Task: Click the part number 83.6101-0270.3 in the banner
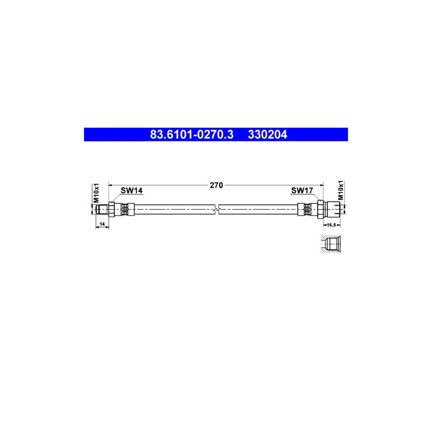click(192, 135)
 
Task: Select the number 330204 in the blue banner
click(267, 135)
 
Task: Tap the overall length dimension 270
click(216, 185)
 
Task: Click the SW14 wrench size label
click(132, 191)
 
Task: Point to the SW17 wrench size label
click(302, 191)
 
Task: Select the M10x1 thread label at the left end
click(96, 192)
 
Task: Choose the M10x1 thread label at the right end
click(341, 191)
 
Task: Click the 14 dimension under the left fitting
click(102, 224)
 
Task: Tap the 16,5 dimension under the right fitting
click(331, 224)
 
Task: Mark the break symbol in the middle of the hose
click(218, 209)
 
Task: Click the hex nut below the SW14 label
click(111, 209)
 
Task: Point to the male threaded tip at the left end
click(101, 209)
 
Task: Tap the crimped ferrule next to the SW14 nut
click(125, 209)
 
